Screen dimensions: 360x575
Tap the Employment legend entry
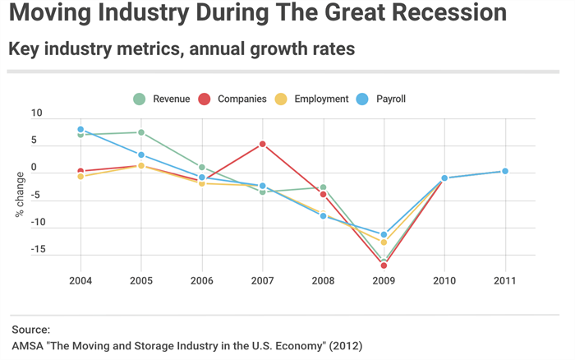click(313, 99)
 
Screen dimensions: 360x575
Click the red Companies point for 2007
click(263, 144)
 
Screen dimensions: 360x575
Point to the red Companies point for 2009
click(384, 265)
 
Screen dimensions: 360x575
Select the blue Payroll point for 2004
click(80, 130)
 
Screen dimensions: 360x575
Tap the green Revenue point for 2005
click(141, 132)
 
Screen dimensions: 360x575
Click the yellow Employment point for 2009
click(384, 242)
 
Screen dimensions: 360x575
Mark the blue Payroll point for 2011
click(505, 171)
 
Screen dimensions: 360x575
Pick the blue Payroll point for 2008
click(324, 215)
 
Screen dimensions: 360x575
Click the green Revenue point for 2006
click(202, 167)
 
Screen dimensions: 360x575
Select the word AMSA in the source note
click(28, 345)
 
